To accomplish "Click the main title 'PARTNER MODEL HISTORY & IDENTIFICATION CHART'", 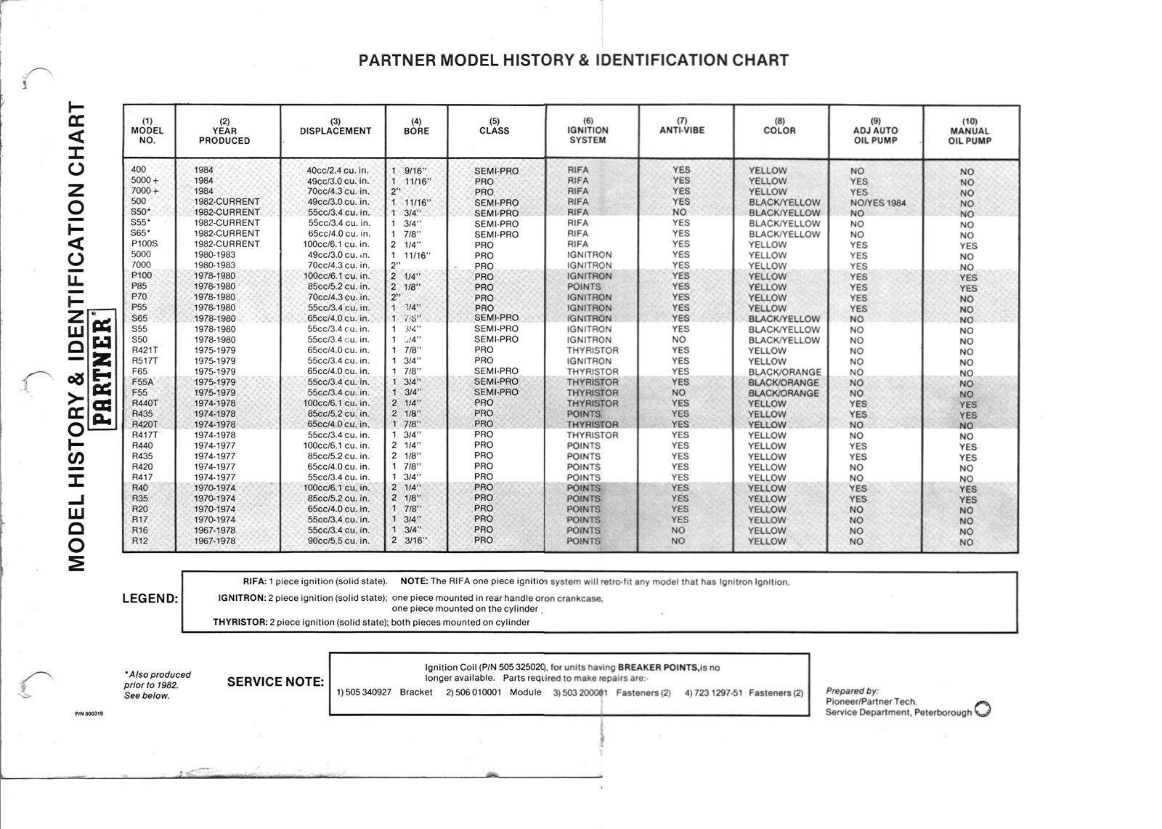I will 574,60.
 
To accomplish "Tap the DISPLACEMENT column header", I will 335,131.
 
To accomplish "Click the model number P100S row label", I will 144,244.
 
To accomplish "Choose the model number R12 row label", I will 139,541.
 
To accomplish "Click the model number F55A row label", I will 143,382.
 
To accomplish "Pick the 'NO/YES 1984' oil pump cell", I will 877,203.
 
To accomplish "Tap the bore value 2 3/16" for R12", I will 410,541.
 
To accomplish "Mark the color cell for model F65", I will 784,372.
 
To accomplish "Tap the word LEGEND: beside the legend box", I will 150,599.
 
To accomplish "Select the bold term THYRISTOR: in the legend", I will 240,623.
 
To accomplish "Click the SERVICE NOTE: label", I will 275,682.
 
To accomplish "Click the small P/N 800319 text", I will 89,714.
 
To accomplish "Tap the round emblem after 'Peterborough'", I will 983,709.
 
